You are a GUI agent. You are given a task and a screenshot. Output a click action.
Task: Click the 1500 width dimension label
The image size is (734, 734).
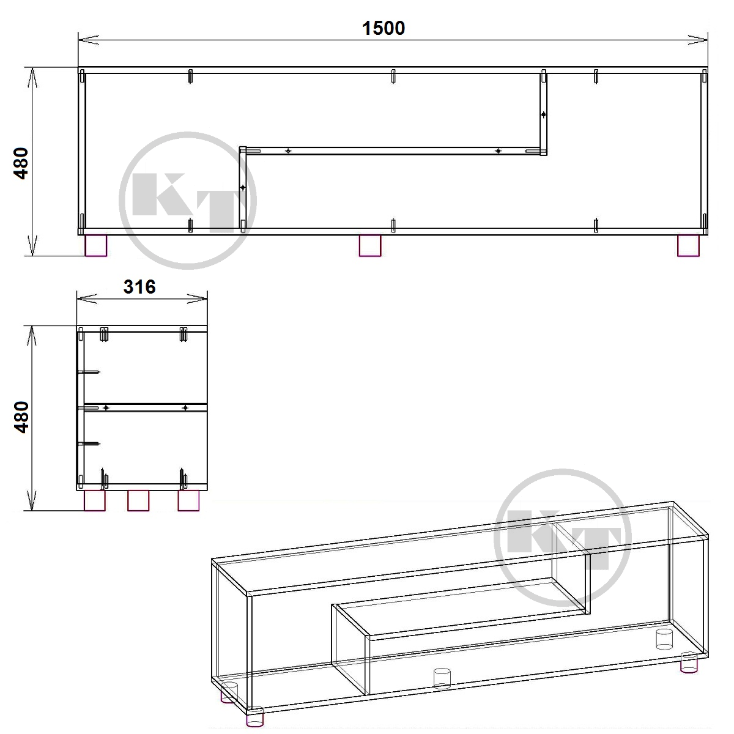383,29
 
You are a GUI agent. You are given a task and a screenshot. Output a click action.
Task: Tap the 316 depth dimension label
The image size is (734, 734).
139,287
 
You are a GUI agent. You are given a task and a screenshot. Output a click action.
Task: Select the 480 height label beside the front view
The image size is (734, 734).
21,163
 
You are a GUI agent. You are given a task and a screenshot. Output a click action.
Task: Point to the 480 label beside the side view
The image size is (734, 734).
21,417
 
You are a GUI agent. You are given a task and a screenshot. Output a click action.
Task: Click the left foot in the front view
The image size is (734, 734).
96,246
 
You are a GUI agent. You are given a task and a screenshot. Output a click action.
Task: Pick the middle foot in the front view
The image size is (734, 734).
370,246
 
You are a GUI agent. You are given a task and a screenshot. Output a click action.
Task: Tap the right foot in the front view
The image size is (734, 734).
688,246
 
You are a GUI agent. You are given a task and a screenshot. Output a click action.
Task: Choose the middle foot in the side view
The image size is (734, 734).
138,500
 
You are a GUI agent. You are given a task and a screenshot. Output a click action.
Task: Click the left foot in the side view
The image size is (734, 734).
94,500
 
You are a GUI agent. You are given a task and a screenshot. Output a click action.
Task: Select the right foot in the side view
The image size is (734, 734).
188,500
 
